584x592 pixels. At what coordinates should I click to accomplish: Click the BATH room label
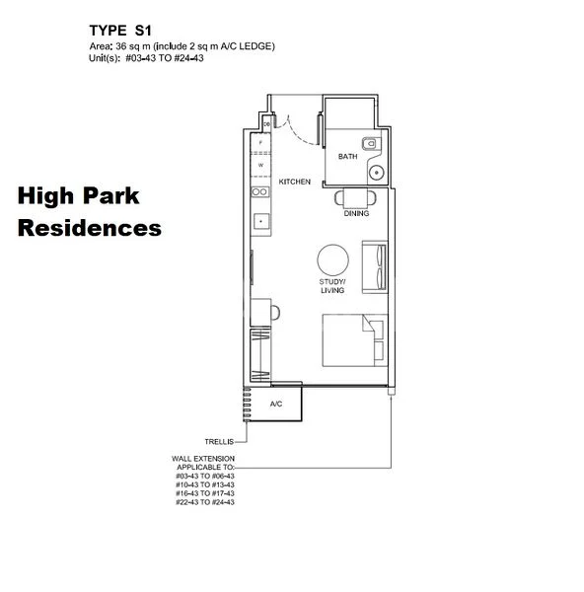click(x=347, y=157)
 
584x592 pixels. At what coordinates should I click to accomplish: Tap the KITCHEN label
click(x=295, y=182)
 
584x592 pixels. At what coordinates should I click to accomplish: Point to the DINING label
click(x=356, y=213)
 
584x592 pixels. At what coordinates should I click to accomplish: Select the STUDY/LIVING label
click(x=332, y=286)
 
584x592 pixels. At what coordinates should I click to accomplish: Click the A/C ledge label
click(x=277, y=404)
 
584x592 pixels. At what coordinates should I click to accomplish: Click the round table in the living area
click(x=332, y=260)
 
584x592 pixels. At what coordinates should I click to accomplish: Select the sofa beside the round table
click(x=375, y=266)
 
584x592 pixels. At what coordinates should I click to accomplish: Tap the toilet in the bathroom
click(x=371, y=144)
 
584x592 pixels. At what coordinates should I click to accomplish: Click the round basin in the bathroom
click(x=376, y=172)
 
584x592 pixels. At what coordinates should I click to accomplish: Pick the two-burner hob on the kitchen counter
click(x=259, y=191)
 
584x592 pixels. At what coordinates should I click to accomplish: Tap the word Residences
click(x=90, y=228)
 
